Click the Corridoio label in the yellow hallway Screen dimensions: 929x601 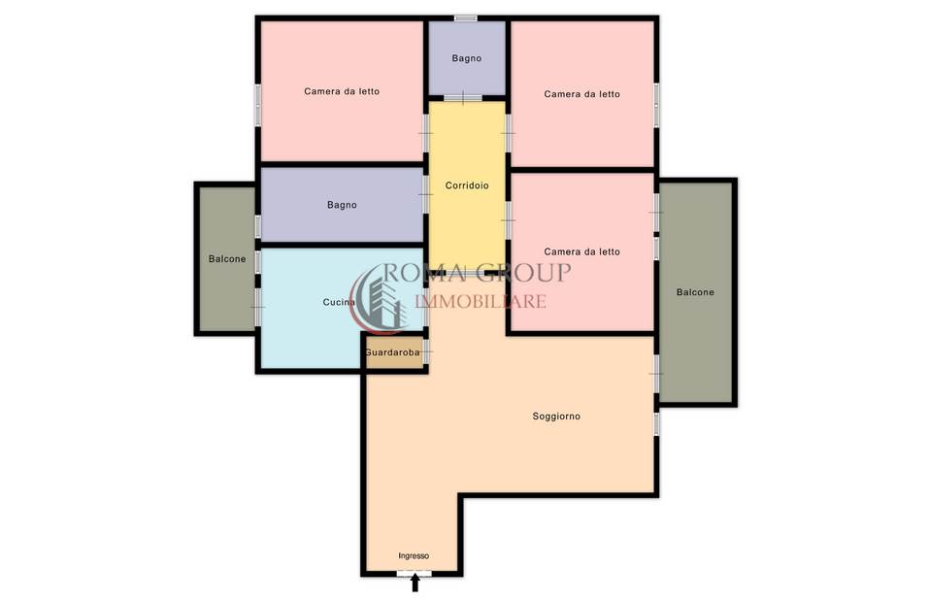click(467, 185)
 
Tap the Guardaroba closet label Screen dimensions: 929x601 click(392, 352)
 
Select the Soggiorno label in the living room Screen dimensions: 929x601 click(556, 417)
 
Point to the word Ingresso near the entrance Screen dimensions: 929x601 click(414, 556)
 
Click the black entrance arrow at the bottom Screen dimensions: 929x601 click(415, 584)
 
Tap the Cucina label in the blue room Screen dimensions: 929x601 click(339, 302)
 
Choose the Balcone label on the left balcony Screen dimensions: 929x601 click(227, 259)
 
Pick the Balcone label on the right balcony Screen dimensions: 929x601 click(695, 292)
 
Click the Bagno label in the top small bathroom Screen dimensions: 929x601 click(466, 58)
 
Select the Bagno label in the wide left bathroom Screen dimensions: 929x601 click(342, 205)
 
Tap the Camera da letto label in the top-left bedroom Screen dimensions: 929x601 click(342, 91)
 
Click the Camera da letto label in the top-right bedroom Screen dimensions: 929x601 click(581, 93)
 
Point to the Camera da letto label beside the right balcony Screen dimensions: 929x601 click(581, 251)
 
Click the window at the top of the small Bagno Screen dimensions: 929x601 click(466, 18)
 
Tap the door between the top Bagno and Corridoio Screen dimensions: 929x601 click(463, 98)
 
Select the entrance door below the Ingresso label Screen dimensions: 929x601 click(415, 574)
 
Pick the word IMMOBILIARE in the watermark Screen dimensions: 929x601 click(481, 302)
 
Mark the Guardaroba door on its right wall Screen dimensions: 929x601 click(425, 351)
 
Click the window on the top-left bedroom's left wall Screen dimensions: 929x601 click(258, 105)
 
